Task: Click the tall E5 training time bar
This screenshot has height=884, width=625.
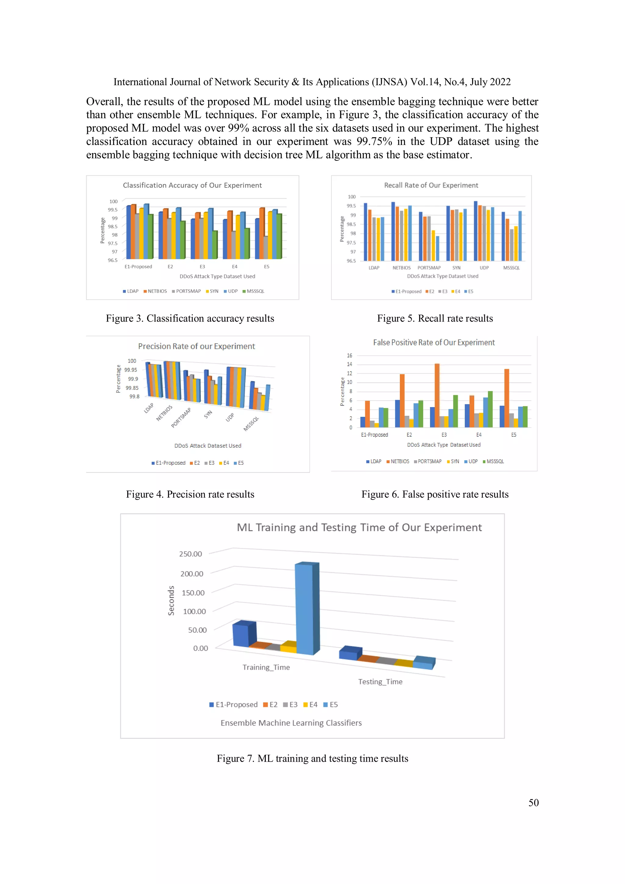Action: click(x=306, y=608)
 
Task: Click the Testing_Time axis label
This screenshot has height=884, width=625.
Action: click(x=380, y=681)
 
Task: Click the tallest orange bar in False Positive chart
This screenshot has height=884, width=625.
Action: click(x=437, y=395)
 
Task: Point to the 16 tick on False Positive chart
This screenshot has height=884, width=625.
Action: click(x=349, y=355)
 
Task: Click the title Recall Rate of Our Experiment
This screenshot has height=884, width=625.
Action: click(x=431, y=185)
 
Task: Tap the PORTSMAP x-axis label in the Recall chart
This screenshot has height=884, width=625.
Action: click(x=429, y=268)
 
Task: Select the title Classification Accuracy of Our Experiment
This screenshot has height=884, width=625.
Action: click(x=192, y=185)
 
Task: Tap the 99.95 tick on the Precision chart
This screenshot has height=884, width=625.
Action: click(x=131, y=370)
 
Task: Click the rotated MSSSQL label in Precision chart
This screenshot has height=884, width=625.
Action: click(x=251, y=424)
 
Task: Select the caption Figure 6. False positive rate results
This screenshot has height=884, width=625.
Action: click(x=435, y=494)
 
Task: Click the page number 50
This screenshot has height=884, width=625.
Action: click(x=533, y=803)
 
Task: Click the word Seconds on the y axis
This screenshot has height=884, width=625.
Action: click(x=171, y=601)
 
